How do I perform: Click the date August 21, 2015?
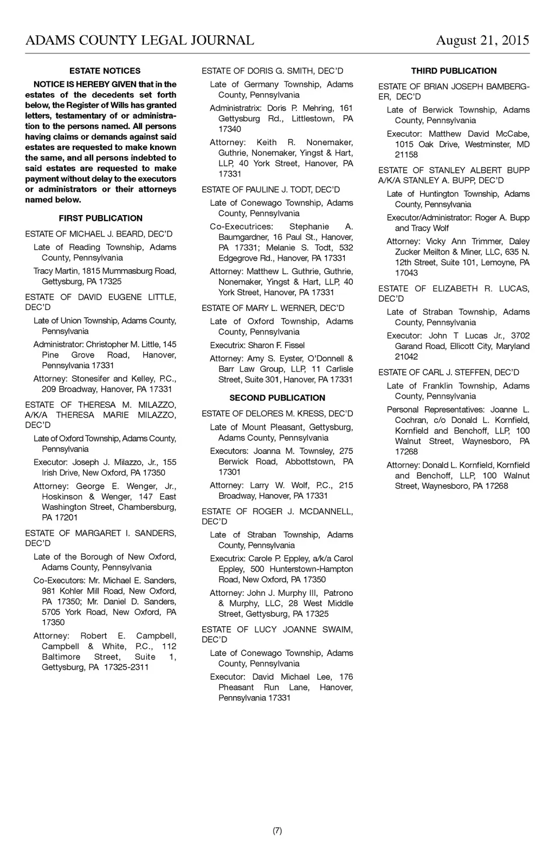coord(482,41)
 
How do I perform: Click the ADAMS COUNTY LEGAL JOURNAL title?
coord(140,41)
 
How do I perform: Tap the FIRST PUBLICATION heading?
coord(101,218)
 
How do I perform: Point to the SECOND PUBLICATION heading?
coord(277,398)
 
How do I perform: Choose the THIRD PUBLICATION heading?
coord(454,71)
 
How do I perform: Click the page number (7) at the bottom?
coord(277,831)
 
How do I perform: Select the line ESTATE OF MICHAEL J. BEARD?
coord(99,234)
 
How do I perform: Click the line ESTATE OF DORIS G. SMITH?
coord(272,71)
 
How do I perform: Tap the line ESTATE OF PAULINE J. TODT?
coord(270,190)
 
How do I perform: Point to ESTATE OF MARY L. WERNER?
coord(273,308)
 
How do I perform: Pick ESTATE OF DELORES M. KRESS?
coord(277,414)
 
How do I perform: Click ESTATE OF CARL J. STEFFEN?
coord(448,372)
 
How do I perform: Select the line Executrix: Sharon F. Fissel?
coord(257,345)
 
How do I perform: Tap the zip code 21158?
coord(406,155)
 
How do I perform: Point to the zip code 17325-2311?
coord(126,667)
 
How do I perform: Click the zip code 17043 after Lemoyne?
coord(406,273)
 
